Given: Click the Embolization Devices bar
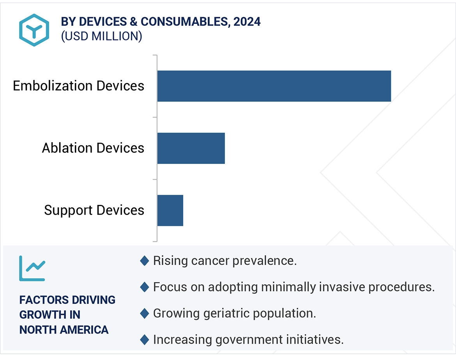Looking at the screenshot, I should (274, 86).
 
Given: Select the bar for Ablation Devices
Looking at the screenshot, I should (191, 148).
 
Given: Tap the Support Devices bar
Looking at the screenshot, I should (170, 210).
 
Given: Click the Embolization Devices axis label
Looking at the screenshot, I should (78, 86).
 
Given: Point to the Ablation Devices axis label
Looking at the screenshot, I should (93, 148).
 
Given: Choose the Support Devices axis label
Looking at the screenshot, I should (94, 210).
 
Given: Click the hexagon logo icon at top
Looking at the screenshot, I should (34, 30).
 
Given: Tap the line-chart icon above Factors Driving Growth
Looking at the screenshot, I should (32, 268).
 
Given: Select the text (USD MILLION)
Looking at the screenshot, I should (101, 36).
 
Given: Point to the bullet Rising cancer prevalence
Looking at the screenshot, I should (225, 261).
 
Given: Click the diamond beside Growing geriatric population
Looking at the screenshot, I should (144, 313).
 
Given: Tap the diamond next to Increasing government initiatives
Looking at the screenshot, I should (144, 340).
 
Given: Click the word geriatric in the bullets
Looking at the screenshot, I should (227, 313).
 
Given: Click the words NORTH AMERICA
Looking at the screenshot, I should (64, 330).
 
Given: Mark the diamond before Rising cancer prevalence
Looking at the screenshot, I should (144, 261).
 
